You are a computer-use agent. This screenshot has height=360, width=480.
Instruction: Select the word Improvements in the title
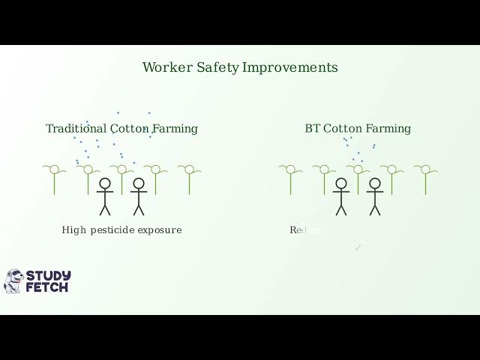[x=290, y=67]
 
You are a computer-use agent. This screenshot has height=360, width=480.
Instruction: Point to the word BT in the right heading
[x=313, y=129]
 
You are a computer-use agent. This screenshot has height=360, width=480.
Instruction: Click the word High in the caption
[x=74, y=230]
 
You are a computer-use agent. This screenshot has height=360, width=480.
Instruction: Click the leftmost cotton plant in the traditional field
[x=54, y=178]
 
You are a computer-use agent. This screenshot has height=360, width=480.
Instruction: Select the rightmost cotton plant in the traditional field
[x=189, y=178]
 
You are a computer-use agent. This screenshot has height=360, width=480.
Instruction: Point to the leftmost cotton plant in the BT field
[x=290, y=178]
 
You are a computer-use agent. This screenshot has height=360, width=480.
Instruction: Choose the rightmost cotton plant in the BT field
[x=425, y=178]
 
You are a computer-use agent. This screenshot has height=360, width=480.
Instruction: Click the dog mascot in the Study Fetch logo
[x=13, y=281]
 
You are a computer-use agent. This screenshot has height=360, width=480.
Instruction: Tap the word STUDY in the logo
[x=48, y=275]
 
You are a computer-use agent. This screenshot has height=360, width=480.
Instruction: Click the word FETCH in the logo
[x=46, y=287]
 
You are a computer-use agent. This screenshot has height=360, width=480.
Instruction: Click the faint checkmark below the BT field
[x=358, y=247]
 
